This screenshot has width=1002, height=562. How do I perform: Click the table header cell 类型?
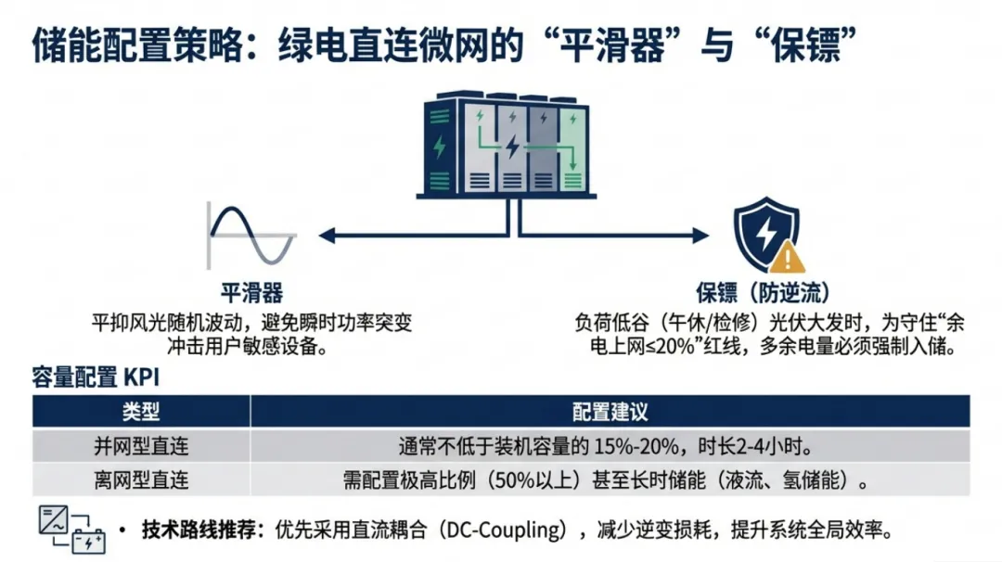point(141,411)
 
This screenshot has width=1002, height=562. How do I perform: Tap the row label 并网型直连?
point(141,446)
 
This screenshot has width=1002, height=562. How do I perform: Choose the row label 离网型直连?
point(141,480)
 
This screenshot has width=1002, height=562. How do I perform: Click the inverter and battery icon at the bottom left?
point(71,530)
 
